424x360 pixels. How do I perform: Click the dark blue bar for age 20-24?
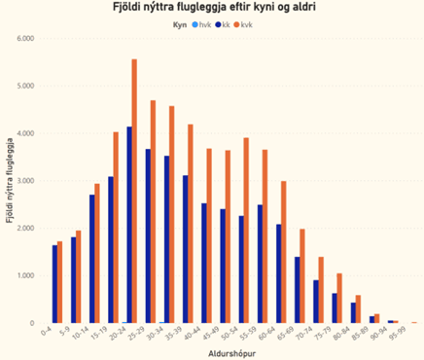128,225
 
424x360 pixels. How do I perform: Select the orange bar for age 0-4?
59,282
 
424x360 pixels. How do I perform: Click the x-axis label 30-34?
166,334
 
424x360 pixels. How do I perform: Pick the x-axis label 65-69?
297,334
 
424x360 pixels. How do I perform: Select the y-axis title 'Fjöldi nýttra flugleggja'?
9,181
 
